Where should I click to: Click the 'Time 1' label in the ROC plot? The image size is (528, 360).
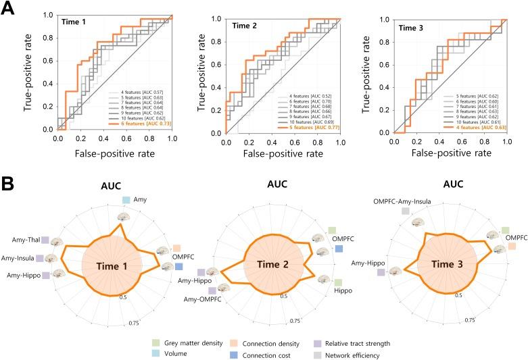pos(74,22)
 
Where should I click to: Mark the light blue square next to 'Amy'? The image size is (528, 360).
pos(126,200)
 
